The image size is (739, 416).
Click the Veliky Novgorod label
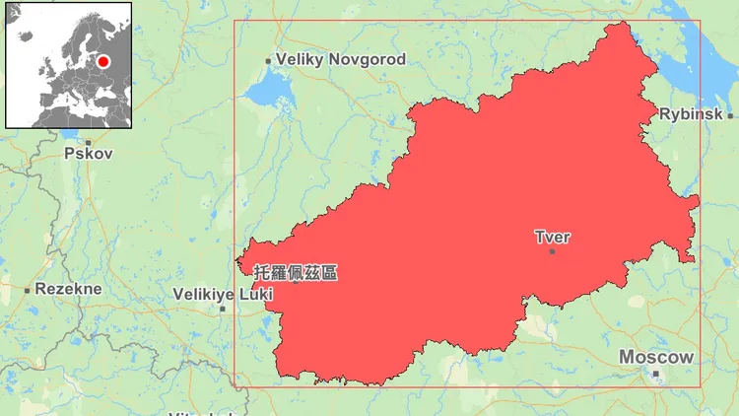(340, 60)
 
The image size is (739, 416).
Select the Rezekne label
(68, 289)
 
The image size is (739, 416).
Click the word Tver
(552, 237)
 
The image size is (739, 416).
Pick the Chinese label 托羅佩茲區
(295, 271)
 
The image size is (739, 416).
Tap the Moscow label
(656, 357)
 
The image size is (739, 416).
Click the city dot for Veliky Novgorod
(268, 61)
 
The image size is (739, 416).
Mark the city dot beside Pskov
(88, 142)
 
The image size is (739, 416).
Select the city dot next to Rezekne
(27, 290)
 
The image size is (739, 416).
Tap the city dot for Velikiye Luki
(223, 309)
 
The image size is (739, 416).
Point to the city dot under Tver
(552, 251)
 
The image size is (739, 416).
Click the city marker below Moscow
(655, 374)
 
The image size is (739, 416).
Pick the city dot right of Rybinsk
(730, 115)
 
